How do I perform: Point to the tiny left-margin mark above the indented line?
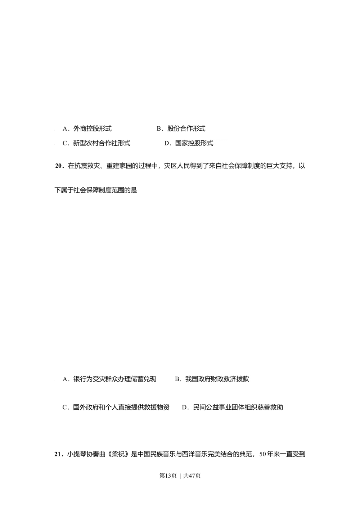(55, 167)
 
